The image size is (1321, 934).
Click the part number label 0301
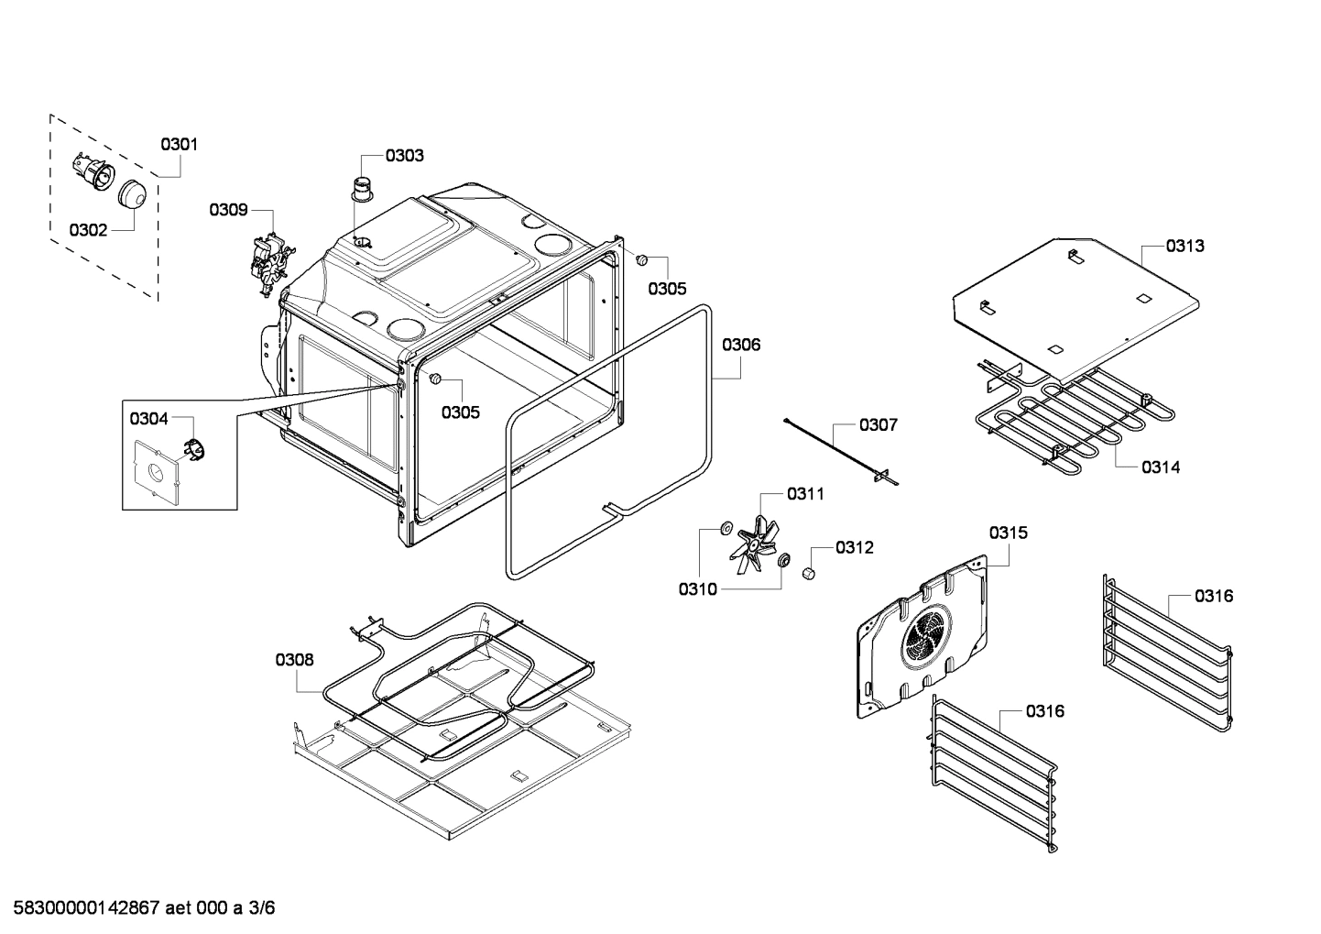pyautogui.click(x=179, y=144)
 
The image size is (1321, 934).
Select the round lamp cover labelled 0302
pyautogui.click(x=134, y=193)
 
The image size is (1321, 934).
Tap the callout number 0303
pyautogui.click(x=404, y=156)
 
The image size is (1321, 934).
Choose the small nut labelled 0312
pyautogui.click(x=809, y=573)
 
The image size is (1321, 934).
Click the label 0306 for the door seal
pyautogui.click(x=741, y=345)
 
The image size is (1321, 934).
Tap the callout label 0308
pyautogui.click(x=294, y=659)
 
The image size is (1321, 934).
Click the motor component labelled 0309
pyautogui.click(x=269, y=262)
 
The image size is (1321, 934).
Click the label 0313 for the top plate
pyautogui.click(x=1185, y=246)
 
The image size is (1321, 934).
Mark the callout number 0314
pyautogui.click(x=1161, y=467)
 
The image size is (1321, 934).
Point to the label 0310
pyautogui.click(x=697, y=589)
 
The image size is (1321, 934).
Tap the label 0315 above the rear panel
pyautogui.click(x=1008, y=533)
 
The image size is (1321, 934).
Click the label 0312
pyautogui.click(x=854, y=547)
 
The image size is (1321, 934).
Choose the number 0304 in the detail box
pyautogui.click(x=148, y=419)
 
